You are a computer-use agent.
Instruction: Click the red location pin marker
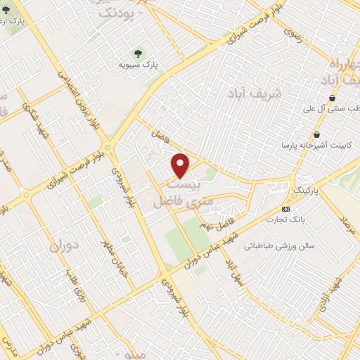tap(181, 166)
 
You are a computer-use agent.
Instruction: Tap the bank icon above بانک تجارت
tap(285, 209)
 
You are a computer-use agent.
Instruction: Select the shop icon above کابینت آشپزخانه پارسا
tap(317, 134)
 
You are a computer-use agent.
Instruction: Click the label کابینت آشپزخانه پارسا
tap(311, 147)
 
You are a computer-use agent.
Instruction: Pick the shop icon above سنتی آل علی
tap(332, 98)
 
